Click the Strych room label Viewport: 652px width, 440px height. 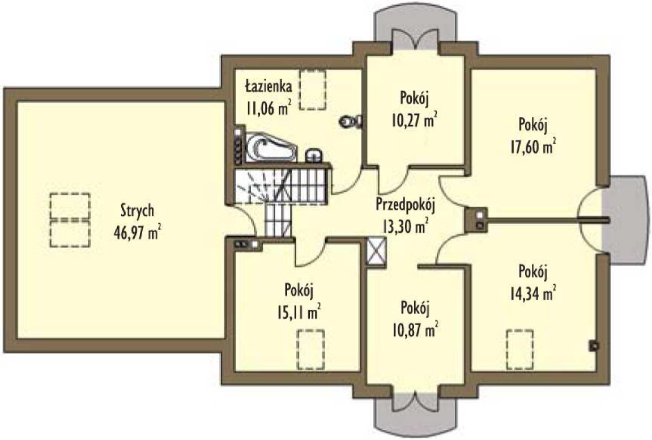pyautogui.click(x=137, y=211)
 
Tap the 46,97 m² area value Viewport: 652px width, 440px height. pyautogui.click(x=137, y=233)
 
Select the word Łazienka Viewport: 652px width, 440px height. pyautogui.click(x=268, y=86)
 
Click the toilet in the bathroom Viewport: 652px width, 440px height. pyautogui.click(x=351, y=121)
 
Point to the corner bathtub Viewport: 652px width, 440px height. pyautogui.click(x=270, y=147)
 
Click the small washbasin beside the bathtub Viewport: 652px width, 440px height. pyautogui.click(x=314, y=155)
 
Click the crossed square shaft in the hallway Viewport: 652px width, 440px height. pyautogui.click(x=377, y=250)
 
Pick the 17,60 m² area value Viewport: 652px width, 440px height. pyautogui.click(x=534, y=147)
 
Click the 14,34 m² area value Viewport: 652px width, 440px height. pyautogui.click(x=533, y=293)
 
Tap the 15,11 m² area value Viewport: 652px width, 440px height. pyautogui.click(x=299, y=311)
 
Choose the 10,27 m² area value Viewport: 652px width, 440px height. pyautogui.click(x=414, y=120)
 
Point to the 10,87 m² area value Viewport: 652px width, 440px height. pyautogui.click(x=415, y=330)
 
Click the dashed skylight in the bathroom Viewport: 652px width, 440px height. pyautogui.click(x=313, y=89)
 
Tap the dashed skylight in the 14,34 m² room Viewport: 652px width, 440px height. pyautogui.click(x=520, y=349)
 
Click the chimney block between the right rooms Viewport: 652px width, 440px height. pyautogui.click(x=476, y=219)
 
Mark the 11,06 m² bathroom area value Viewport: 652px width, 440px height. pyautogui.click(x=268, y=108)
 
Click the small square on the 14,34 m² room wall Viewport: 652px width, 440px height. pyautogui.click(x=594, y=345)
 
